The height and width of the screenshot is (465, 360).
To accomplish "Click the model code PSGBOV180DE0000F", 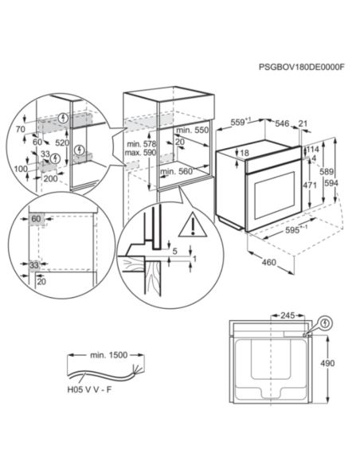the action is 302,67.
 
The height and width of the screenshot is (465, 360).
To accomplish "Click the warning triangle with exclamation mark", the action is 193,225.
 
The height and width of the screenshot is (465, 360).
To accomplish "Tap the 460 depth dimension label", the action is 268,262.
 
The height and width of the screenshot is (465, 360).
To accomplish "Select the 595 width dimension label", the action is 293,230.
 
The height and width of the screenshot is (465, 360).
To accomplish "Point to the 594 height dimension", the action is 331,183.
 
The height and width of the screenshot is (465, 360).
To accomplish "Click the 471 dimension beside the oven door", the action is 310,186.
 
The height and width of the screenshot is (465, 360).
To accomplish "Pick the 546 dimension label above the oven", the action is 282,123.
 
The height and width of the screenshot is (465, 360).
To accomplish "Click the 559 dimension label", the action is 241,122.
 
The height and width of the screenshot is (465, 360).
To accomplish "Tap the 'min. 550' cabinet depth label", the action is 193,130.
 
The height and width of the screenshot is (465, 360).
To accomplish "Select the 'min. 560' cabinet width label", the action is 177,171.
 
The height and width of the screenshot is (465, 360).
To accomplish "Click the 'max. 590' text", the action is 140,153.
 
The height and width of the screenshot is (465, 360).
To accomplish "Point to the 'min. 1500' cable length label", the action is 109,355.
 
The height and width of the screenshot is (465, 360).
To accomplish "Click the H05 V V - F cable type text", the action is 89,389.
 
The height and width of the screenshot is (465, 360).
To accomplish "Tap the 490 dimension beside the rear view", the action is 327,363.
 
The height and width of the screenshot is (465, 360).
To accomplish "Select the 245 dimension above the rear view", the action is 288,315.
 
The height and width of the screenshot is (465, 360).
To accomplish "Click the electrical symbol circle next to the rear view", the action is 325,323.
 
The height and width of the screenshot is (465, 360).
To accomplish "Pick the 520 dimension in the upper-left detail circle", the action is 62,143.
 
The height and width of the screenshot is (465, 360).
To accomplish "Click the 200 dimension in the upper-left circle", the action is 51,179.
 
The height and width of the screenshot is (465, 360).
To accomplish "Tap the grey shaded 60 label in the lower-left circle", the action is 36,219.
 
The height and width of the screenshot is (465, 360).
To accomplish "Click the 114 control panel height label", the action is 312,150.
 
